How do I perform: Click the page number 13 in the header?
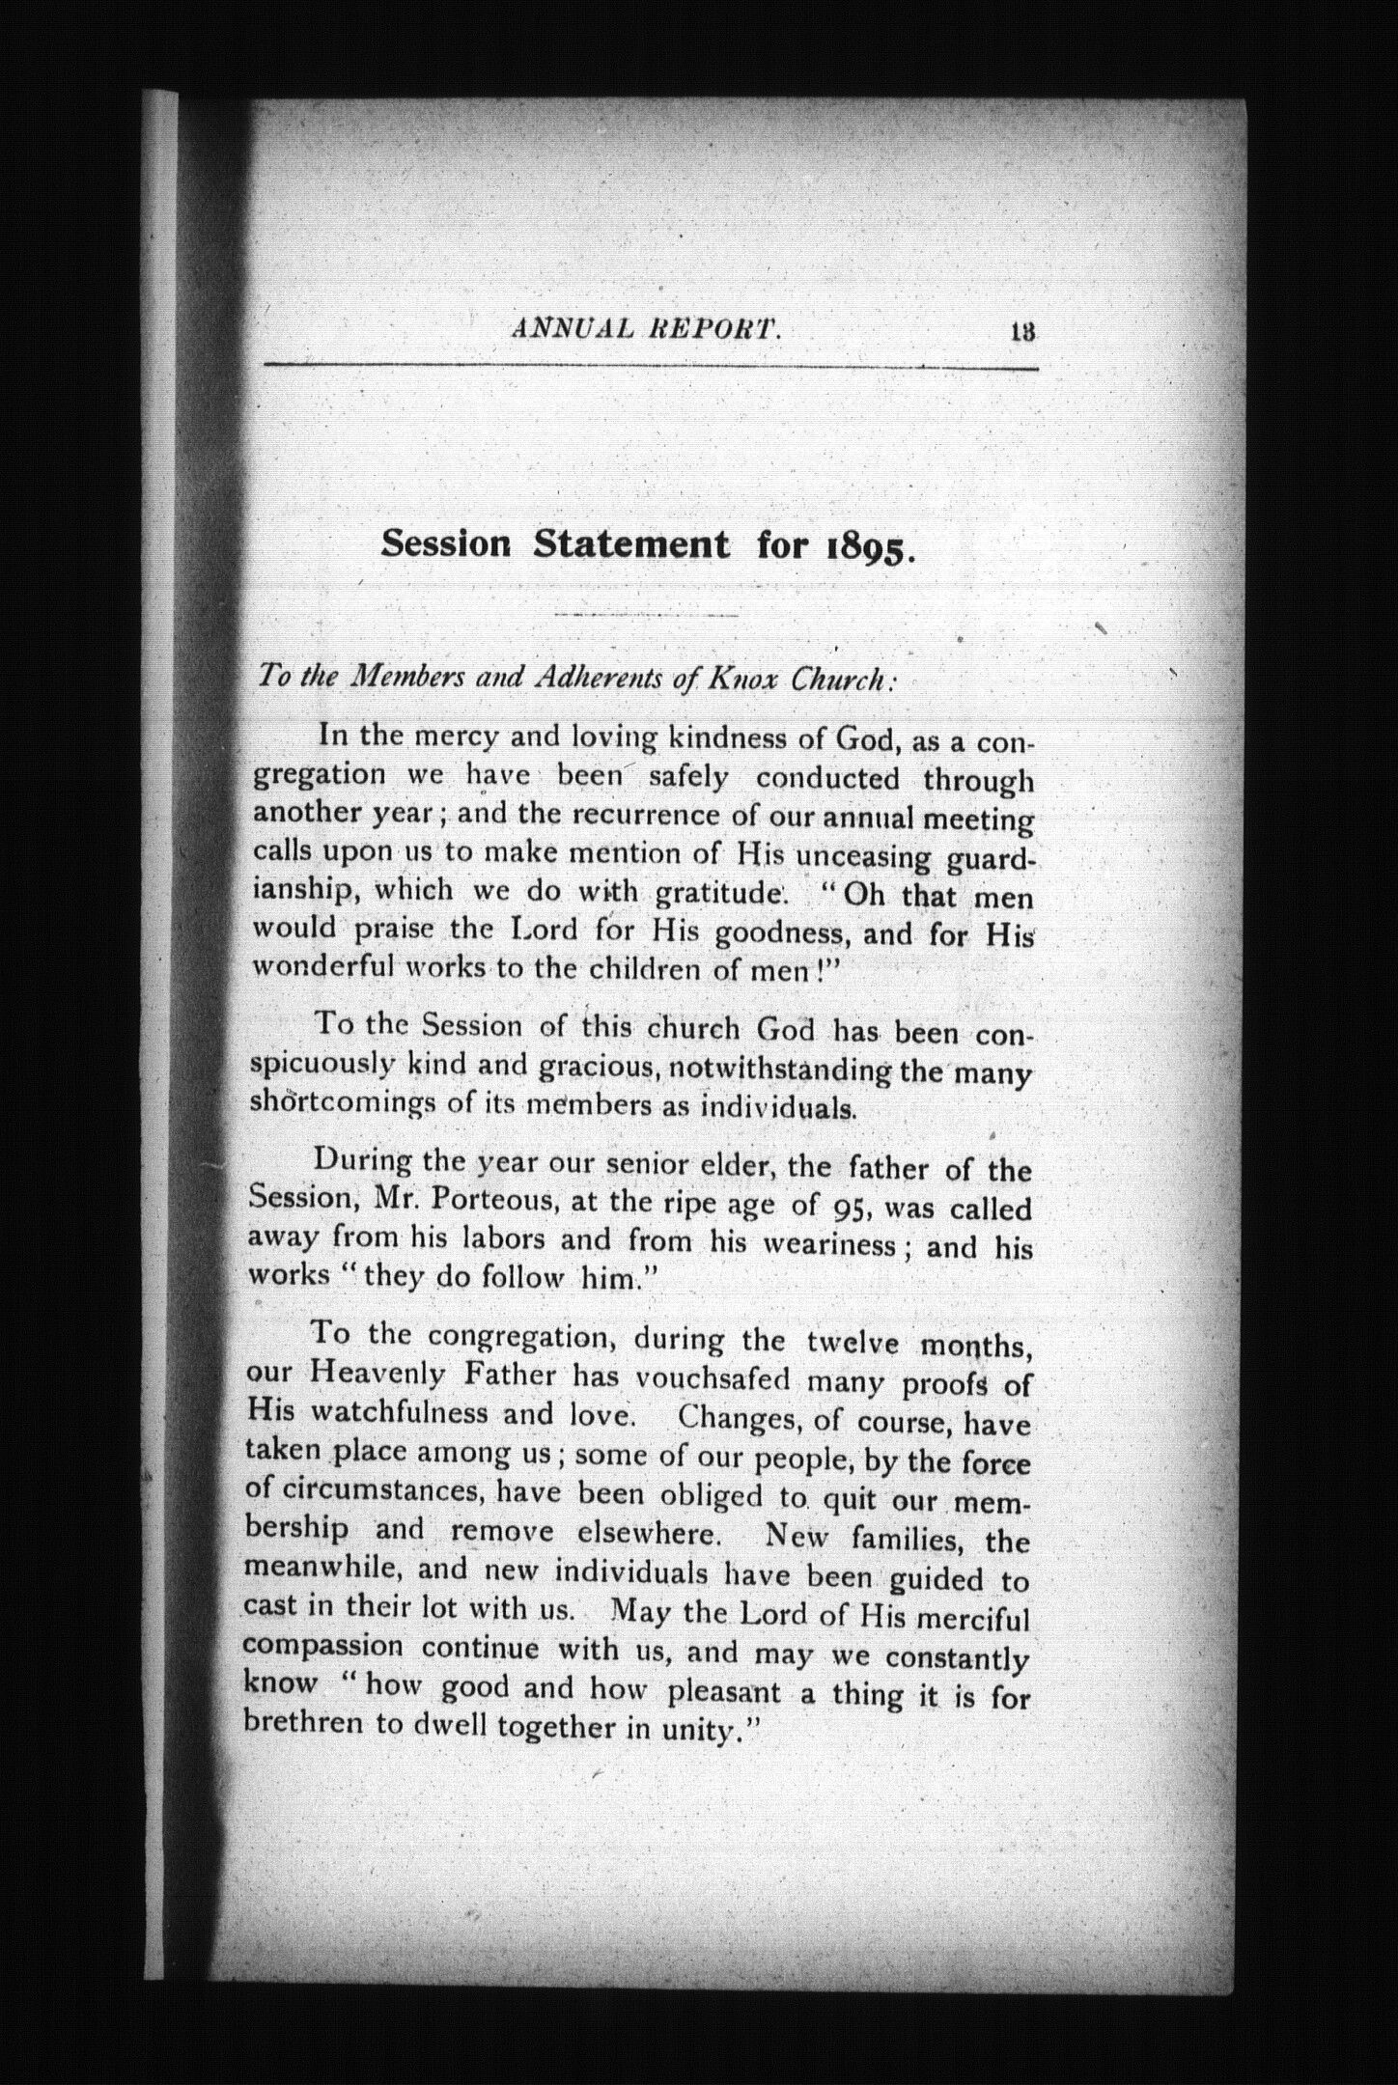coord(1022,332)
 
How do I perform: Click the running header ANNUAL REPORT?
coord(646,330)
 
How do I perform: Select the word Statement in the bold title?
coord(631,544)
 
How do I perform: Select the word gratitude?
coord(718,894)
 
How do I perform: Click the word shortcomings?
coord(344,1103)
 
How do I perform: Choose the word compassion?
coord(322,1647)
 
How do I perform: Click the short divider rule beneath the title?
coord(648,615)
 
